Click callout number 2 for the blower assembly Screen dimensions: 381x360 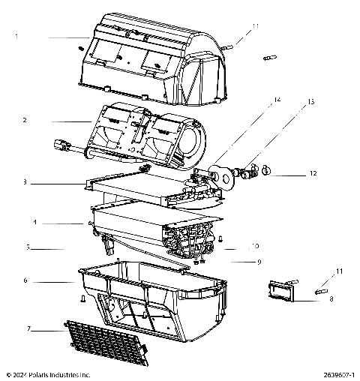tap(25, 120)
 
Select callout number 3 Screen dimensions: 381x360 tap(25, 182)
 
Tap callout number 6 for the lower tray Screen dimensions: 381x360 tap(25, 281)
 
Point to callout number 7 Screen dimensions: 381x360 tap(28, 328)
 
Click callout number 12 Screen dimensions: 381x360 tap(313, 174)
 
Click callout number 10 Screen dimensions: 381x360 tap(255, 246)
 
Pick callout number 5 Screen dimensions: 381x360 tap(27, 247)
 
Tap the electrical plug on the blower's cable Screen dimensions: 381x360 tap(59, 147)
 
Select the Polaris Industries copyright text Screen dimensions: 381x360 tap(48, 373)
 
